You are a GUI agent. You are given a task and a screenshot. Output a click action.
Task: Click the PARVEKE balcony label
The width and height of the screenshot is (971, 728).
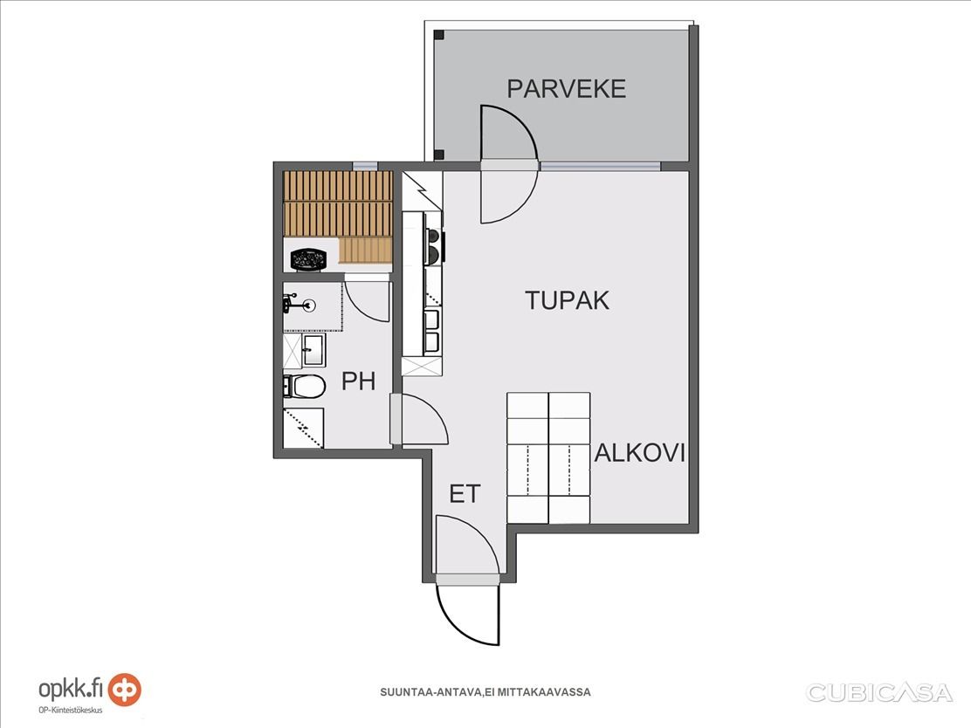pyautogui.click(x=566, y=89)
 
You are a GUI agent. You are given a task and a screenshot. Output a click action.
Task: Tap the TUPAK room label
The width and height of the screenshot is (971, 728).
pyautogui.click(x=568, y=300)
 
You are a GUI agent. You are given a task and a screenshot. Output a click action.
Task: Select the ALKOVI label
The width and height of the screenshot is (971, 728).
pyautogui.click(x=640, y=453)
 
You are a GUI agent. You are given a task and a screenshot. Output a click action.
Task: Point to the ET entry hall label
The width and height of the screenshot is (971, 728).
pyautogui.click(x=465, y=494)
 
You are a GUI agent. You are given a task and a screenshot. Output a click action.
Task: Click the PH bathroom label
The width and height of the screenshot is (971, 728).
pyautogui.click(x=359, y=381)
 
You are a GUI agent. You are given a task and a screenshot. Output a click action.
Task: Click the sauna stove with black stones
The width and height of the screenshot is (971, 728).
pyautogui.click(x=307, y=258)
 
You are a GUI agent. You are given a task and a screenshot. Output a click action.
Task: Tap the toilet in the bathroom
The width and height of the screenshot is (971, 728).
pyautogui.click(x=304, y=387)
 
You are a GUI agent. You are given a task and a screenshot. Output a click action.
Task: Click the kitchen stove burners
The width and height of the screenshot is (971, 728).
pyautogui.click(x=433, y=244)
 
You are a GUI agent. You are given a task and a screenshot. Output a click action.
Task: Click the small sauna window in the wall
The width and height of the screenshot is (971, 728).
pyautogui.click(x=365, y=166)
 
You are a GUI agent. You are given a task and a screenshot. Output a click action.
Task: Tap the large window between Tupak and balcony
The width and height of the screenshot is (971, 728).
pyautogui.click(x=600, y=166)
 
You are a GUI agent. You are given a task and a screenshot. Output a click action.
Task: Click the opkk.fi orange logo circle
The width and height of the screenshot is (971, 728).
pyautogui.click(x=125, y=690)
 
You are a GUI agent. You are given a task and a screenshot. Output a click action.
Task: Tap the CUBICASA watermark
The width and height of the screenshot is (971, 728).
pyautogui.click(x=878, y=692)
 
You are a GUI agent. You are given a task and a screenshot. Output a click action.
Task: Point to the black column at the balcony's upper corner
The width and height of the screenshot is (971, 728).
pyautogui.click(x=438, y=35)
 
